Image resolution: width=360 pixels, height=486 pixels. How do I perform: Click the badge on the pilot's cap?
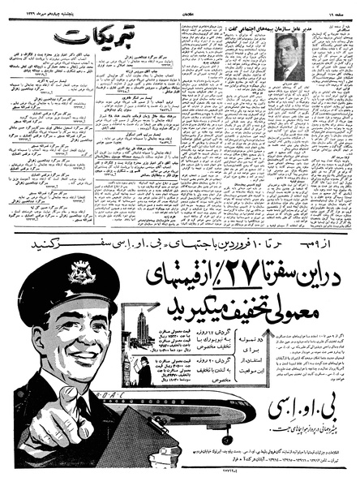pyautogui.click(x=81, y=274)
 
